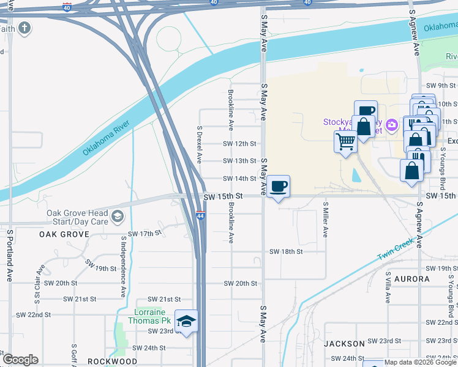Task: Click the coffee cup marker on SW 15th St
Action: (x=279, y=186)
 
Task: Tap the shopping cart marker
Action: (x=346, y=142)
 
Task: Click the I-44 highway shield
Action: (x=201, y=216)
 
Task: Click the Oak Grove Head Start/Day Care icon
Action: (x=117, y=216)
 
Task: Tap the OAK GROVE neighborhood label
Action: (x=64, y=234)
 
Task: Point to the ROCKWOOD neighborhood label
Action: (x=112, y=361)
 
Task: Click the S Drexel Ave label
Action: (x=200, y=144)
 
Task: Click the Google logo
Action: (x=20, y=360)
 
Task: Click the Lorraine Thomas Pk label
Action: (x=152, y=316)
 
